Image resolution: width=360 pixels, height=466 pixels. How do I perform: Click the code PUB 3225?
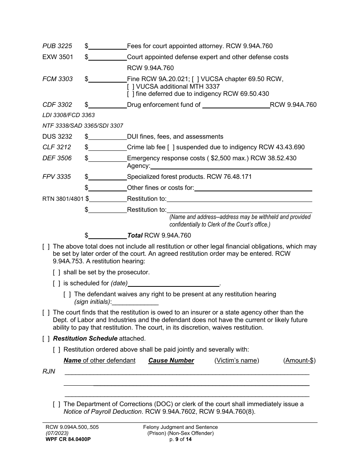point(57,46)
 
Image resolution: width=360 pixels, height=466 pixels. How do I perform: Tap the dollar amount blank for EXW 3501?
point(108,57)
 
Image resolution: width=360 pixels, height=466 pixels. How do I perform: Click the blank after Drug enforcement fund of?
point(236,105)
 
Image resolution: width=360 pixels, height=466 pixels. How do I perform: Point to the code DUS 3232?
point(57,136)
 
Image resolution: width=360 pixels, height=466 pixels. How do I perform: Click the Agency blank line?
point(231,166)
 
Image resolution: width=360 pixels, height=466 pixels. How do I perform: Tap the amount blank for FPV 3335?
point(108,177)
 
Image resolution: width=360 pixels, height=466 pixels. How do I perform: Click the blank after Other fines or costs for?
point(253,188)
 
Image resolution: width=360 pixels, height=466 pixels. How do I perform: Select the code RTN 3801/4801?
point(63,199)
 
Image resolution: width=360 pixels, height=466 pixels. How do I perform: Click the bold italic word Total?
point(135,236)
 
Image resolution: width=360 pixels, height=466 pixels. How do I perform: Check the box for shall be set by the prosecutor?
point(56,272)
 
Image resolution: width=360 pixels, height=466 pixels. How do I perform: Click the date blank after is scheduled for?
point(174,283)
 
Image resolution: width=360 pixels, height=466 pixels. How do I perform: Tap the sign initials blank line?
point(135,302)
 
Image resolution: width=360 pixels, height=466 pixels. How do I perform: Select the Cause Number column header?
point(171,361)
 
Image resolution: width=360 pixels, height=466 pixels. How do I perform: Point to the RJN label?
point(49,372)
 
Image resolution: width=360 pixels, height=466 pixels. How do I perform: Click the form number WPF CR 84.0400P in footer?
point(67,439)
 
